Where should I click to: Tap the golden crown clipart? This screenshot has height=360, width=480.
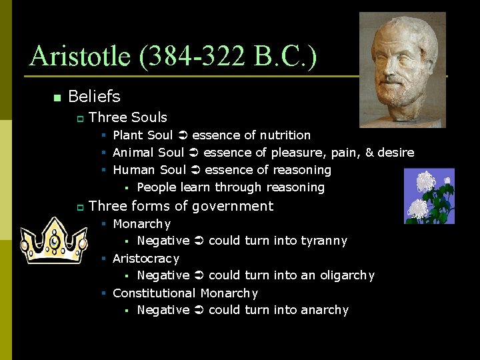[53, 241]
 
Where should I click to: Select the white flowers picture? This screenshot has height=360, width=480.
[429, 196]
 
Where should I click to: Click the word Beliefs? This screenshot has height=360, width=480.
[94, 97]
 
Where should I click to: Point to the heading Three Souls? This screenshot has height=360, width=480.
[127, 117]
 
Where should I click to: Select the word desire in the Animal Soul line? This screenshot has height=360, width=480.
[395, 153]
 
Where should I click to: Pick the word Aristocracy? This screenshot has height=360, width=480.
[145, 258]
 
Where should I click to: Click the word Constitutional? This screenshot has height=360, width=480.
[153, 293]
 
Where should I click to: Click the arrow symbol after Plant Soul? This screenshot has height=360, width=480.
[182, 135]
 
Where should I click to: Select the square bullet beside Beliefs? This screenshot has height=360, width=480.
[57, 98]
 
